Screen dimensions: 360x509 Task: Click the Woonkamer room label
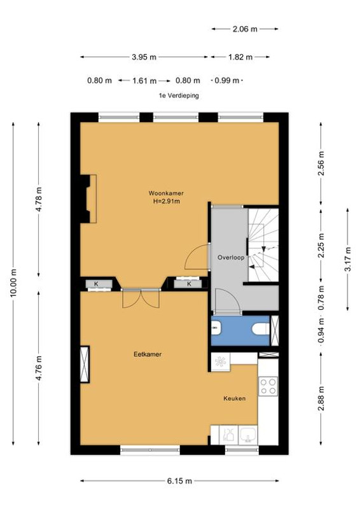click(166, 193)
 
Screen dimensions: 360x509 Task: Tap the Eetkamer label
click(148, 354)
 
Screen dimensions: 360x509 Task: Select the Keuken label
click(234, 398)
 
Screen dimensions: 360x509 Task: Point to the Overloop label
click(231, 258)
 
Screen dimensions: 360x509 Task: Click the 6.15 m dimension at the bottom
click(179, 481)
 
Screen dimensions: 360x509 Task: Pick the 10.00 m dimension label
click(13, 283)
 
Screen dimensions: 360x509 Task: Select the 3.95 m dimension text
click(144, 57)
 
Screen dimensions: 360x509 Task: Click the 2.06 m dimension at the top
click(245, 29)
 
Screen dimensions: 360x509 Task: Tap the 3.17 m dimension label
click(348, 259)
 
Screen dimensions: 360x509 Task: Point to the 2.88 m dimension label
click(321, 399)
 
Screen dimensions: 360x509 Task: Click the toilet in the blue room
click(261, 328)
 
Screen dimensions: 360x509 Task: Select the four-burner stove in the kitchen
click(268, 386)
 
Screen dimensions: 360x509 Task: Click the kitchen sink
click(248, 435)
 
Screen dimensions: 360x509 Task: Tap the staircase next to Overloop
click(263, 245)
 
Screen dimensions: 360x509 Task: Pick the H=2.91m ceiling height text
click(166, 201)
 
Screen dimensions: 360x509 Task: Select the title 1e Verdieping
click(179, 96)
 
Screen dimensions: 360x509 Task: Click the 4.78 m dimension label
click(39, 199)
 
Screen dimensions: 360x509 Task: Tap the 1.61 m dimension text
click(144, 81)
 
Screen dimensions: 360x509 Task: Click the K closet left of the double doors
click(96, 284)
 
